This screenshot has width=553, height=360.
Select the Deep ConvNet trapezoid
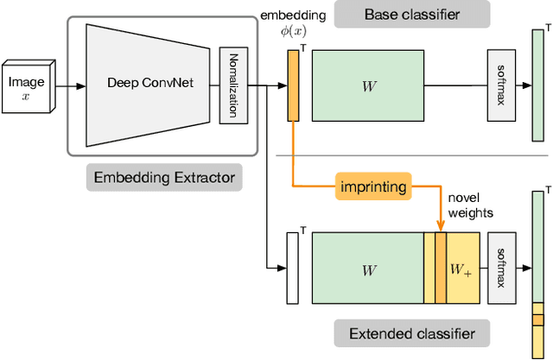147,84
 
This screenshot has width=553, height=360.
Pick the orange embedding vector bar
292,85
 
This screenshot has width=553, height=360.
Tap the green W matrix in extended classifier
368,268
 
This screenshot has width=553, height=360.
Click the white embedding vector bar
292,268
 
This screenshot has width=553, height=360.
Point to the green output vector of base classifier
537,85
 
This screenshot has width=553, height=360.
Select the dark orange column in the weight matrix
441,268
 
